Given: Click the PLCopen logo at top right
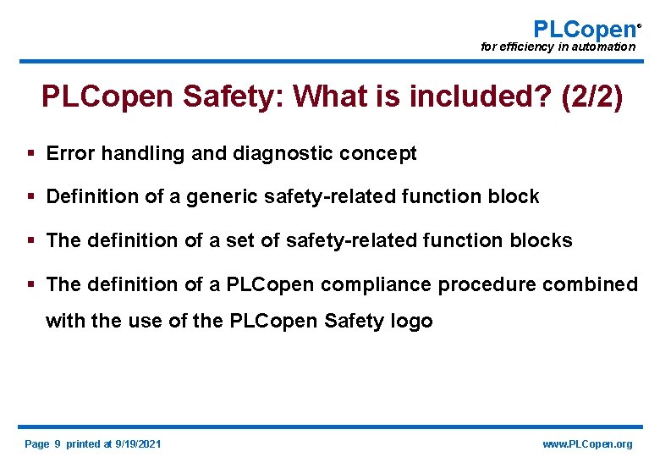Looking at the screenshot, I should pyautogui.click(x=583, y=29).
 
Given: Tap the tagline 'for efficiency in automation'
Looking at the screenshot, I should pyautogui.click(x=558, y=47).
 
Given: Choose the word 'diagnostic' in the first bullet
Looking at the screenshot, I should pyautogui.click(x=278, y=153).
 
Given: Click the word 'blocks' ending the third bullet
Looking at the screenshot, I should pyautogui.click(x=543, y=240).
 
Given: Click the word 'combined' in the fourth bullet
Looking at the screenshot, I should pyautogui.click(x=590, y=284).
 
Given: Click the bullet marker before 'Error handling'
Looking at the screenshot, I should pyautogui.click(x=30, y=153).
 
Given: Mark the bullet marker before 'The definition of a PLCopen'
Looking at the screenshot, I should pyautogui.click(x=30, y=284).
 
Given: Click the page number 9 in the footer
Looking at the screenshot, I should pyautogui.click(x=57, y=444).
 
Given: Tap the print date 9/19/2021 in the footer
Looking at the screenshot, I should pyautogui.click(x=138, y=444).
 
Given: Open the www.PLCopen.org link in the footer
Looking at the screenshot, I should pyautogui.click(x=587, y=444).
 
